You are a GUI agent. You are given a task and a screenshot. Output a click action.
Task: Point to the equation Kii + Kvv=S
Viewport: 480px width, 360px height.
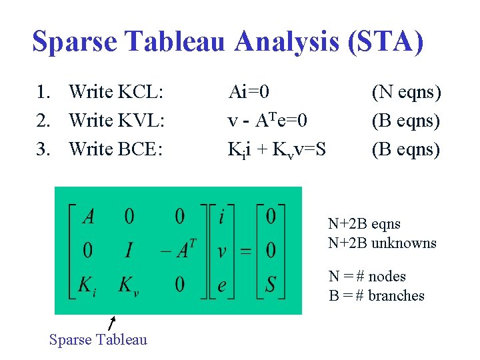point(277,150)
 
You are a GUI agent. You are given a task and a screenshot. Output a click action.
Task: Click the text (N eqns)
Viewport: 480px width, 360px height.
point(406,91)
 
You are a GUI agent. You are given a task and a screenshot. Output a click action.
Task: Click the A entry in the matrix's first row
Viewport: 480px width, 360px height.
point(88,216)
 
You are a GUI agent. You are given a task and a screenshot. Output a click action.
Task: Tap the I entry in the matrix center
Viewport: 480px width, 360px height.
point(129,251)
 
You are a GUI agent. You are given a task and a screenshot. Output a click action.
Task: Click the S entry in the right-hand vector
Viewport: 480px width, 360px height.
point(271,285)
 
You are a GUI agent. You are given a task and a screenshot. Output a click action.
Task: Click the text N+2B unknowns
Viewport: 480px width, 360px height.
point(382,243)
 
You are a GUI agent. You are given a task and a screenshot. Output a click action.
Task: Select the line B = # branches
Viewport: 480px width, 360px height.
point(377,295)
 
